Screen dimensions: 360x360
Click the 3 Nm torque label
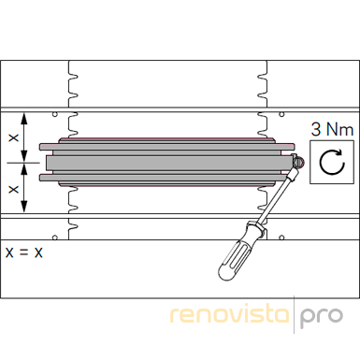click(x=332, y=129)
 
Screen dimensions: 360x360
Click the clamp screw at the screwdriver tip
click(x=299, y=162)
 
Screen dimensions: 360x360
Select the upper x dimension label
click(x=13, y=137)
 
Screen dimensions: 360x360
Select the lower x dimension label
click(x=13, y=189)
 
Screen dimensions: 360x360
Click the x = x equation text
click(x=24, y=252)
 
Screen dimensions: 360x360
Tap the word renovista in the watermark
click(x=230, y=314)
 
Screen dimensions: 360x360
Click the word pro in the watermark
click(x=322, y=317)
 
